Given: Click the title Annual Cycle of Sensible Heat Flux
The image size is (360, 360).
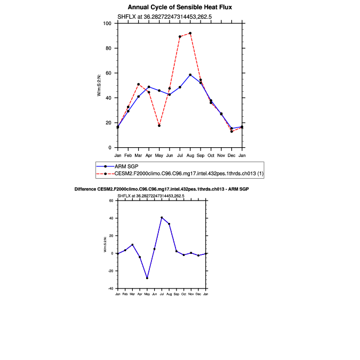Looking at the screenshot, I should (x=180, y=7).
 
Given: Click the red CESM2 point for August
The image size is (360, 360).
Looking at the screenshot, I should (x=190, y=33).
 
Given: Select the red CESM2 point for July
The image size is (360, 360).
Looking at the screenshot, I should (x=180, y=37).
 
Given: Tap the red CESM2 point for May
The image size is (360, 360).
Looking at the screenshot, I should (x=159, y=125).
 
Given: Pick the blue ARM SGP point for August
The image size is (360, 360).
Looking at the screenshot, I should (x=190, y=75).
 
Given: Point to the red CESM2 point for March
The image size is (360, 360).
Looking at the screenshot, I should (x=138, y=84).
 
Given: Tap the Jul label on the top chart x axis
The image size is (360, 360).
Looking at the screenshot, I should (x=180, y=155).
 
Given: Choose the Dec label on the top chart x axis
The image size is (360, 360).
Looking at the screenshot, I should (x=231, y=155).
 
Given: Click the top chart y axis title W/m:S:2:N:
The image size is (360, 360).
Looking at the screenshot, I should (x=99, y=85).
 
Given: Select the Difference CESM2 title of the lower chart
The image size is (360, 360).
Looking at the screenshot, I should (x=161, y=190).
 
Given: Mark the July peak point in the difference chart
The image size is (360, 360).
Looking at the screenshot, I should (x=162, y=218).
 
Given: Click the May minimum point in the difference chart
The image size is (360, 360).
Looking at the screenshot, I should (x=147, y=278).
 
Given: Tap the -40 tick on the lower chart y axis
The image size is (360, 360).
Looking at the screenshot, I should (x=111, y=289).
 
